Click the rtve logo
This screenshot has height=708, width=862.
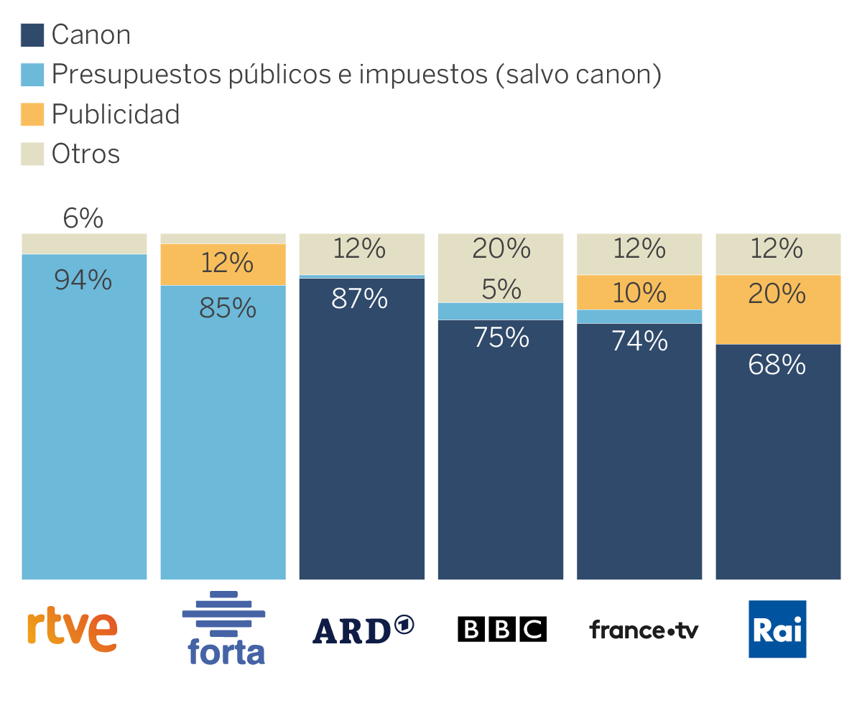coord(72,630)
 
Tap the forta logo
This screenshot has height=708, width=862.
coord(224,628)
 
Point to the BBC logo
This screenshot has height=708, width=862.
coord(501,629)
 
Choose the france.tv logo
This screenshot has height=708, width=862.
coord(644,630)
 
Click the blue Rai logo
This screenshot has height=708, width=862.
coord(777,629)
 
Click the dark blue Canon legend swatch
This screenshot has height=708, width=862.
coord(32,34)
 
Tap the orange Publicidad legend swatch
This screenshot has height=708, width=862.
coord(32,114)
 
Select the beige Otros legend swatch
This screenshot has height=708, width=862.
coord(32,154)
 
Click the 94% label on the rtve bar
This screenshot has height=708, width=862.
coord(83,280)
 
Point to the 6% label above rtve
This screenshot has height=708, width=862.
coord(83,218)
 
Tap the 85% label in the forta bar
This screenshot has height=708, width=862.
coord(228,307)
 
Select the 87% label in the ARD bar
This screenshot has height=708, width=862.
coord(360,298)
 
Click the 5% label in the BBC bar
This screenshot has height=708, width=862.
coord(501,289)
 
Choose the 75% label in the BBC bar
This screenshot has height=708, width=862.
coord(501,337)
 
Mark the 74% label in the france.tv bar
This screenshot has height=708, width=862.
coord(640,340)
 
